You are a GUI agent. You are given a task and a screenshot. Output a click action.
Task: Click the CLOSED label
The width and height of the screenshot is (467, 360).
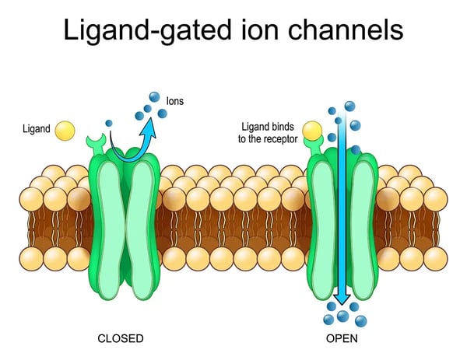(x=121, y=339)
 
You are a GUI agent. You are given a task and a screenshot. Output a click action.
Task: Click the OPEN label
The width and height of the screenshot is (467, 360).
(x=342, y=339)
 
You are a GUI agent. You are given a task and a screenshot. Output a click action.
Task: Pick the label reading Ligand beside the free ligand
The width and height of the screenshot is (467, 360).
(x=37, y=129)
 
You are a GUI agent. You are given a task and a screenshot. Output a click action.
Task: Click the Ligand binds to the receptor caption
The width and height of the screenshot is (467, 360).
(x=269, y=132)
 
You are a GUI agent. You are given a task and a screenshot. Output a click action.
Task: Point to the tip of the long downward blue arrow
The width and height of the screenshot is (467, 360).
(x=341, y=303)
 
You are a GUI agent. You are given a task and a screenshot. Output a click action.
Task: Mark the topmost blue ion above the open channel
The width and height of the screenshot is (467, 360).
(x=349, y=106)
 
